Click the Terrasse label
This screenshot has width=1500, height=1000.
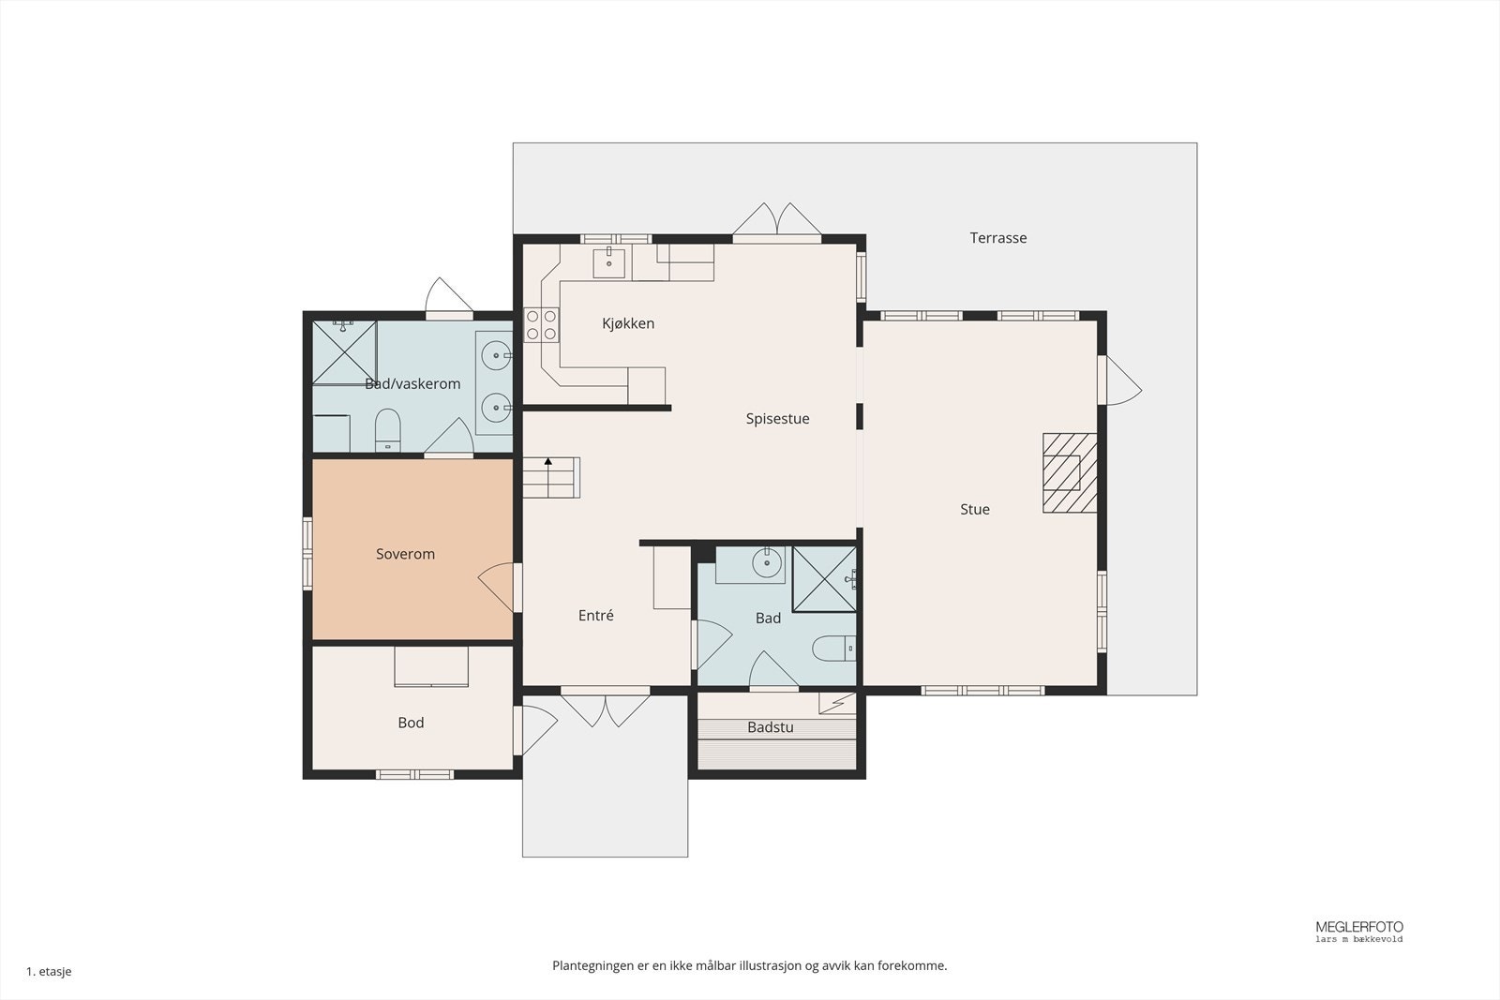997,238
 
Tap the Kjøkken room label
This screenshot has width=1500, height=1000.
628,323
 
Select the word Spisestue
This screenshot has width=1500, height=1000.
777,418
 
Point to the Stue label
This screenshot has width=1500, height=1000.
974,509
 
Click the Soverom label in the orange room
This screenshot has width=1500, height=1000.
405,554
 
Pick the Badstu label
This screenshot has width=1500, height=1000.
770,727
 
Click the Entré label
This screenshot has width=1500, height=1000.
595,615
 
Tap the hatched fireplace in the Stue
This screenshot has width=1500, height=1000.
1070,473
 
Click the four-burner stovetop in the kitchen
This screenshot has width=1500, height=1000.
541,324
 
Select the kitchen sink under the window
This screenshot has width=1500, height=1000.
608,263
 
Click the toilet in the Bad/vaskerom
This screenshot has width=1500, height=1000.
388,430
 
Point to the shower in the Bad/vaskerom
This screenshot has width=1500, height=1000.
344,352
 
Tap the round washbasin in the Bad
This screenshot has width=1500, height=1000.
768,563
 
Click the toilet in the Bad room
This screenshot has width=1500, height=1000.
834,648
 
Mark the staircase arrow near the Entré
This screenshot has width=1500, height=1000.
547,477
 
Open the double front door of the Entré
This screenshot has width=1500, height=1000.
605,709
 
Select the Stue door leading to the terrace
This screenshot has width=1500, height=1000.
1120,381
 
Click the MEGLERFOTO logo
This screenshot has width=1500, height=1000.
1358,931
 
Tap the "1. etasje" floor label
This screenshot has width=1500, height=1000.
49,971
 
